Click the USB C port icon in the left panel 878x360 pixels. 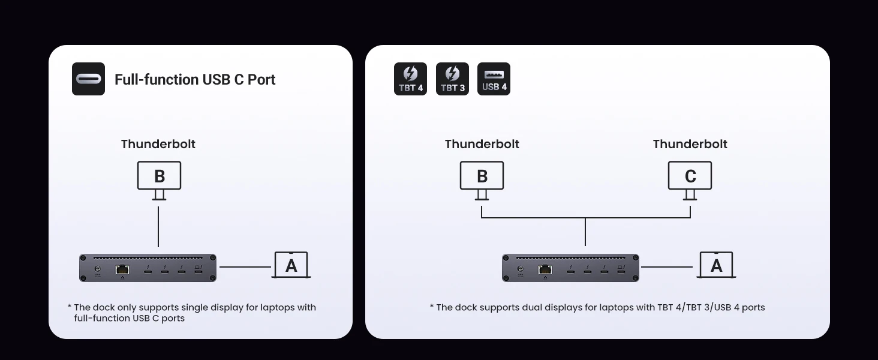88,79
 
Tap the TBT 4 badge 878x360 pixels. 410,79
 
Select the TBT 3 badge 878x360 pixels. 452,79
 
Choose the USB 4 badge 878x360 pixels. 494,79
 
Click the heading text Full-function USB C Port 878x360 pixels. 195,80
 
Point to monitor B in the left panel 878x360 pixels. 159,176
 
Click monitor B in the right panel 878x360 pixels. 482,176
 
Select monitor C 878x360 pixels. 690,176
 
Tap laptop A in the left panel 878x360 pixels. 291,265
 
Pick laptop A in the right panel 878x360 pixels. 716,265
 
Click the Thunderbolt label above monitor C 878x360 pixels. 690,144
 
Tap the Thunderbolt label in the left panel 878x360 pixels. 158,144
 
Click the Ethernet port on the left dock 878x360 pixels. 122,269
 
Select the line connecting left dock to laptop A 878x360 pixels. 245,267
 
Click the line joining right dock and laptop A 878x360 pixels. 667,267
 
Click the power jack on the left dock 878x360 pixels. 98,269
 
